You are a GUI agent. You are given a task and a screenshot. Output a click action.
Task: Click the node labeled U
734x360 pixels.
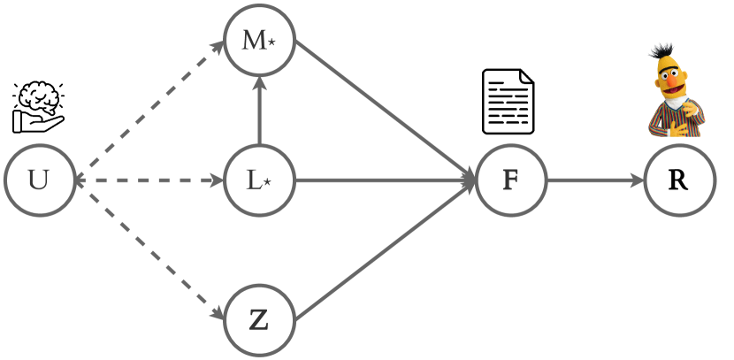[38, 181]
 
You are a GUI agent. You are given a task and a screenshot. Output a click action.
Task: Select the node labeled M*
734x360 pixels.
[259, 41]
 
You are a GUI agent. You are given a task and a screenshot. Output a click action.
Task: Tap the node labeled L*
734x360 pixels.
[259, 181]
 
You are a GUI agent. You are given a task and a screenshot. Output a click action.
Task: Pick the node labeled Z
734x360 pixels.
[259, 319]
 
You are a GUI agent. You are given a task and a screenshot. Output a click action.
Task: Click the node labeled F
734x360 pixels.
[510, 181]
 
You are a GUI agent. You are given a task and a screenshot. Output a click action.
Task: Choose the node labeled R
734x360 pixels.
[678, 181]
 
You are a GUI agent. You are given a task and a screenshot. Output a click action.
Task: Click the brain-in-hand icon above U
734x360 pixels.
[39, 106]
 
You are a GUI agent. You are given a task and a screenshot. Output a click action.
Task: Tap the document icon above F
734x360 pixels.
[508, 102]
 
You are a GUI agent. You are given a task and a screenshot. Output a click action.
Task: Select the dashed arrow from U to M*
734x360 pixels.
[150, 110]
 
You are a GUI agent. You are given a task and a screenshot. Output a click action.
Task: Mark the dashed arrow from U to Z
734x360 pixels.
[150, 251]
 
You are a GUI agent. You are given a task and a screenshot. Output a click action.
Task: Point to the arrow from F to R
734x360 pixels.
[594, 181]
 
